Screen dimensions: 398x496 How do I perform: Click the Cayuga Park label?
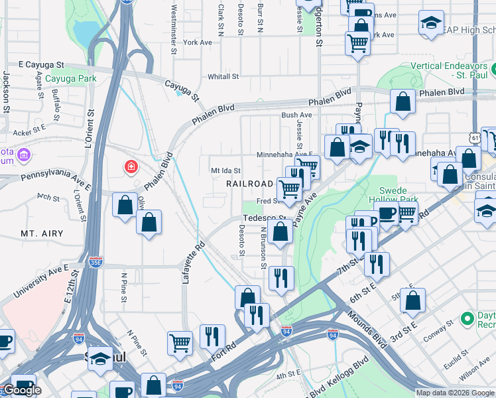(71, 78)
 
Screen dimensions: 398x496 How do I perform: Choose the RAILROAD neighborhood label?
(249, 183)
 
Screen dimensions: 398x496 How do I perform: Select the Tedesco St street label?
(265, 218)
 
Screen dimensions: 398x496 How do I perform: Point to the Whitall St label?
(223, 77)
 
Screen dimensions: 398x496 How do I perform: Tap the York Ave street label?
(198, 42)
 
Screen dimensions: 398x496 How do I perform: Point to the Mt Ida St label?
(225, 170)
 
